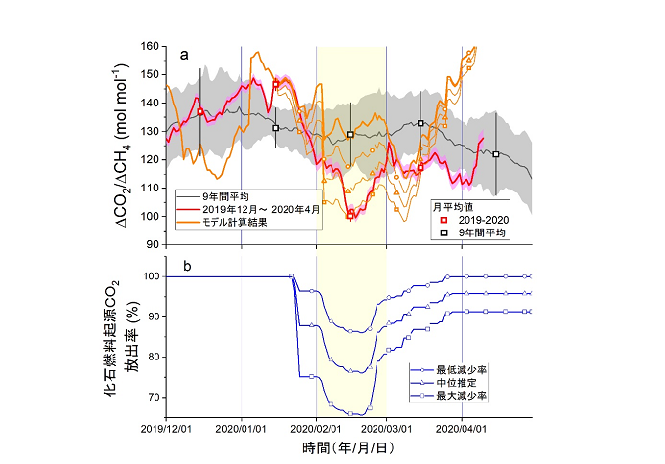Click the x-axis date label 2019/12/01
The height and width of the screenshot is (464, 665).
(166, 428)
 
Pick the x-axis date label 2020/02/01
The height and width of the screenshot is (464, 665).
(316, 428)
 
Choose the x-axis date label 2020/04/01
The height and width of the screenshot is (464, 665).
(462, 428)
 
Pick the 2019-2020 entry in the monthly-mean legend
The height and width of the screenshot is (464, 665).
(471, 220)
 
